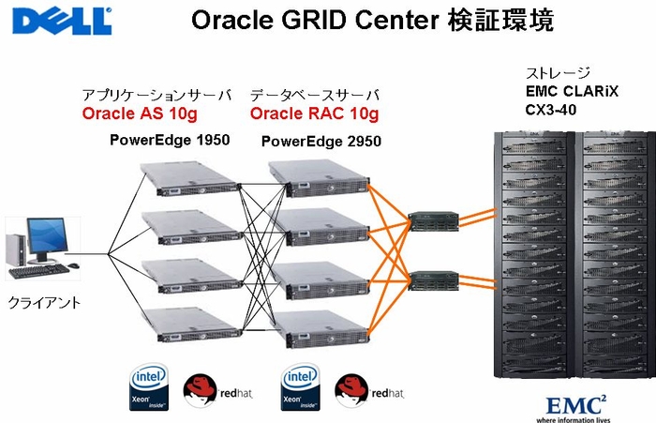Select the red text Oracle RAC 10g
[x=314, y=114]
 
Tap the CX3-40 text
[x=553, y=110]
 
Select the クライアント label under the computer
[x=43, y=303]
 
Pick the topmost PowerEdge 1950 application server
[x=186, y=174]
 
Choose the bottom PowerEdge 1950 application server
[x=186, y=324]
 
